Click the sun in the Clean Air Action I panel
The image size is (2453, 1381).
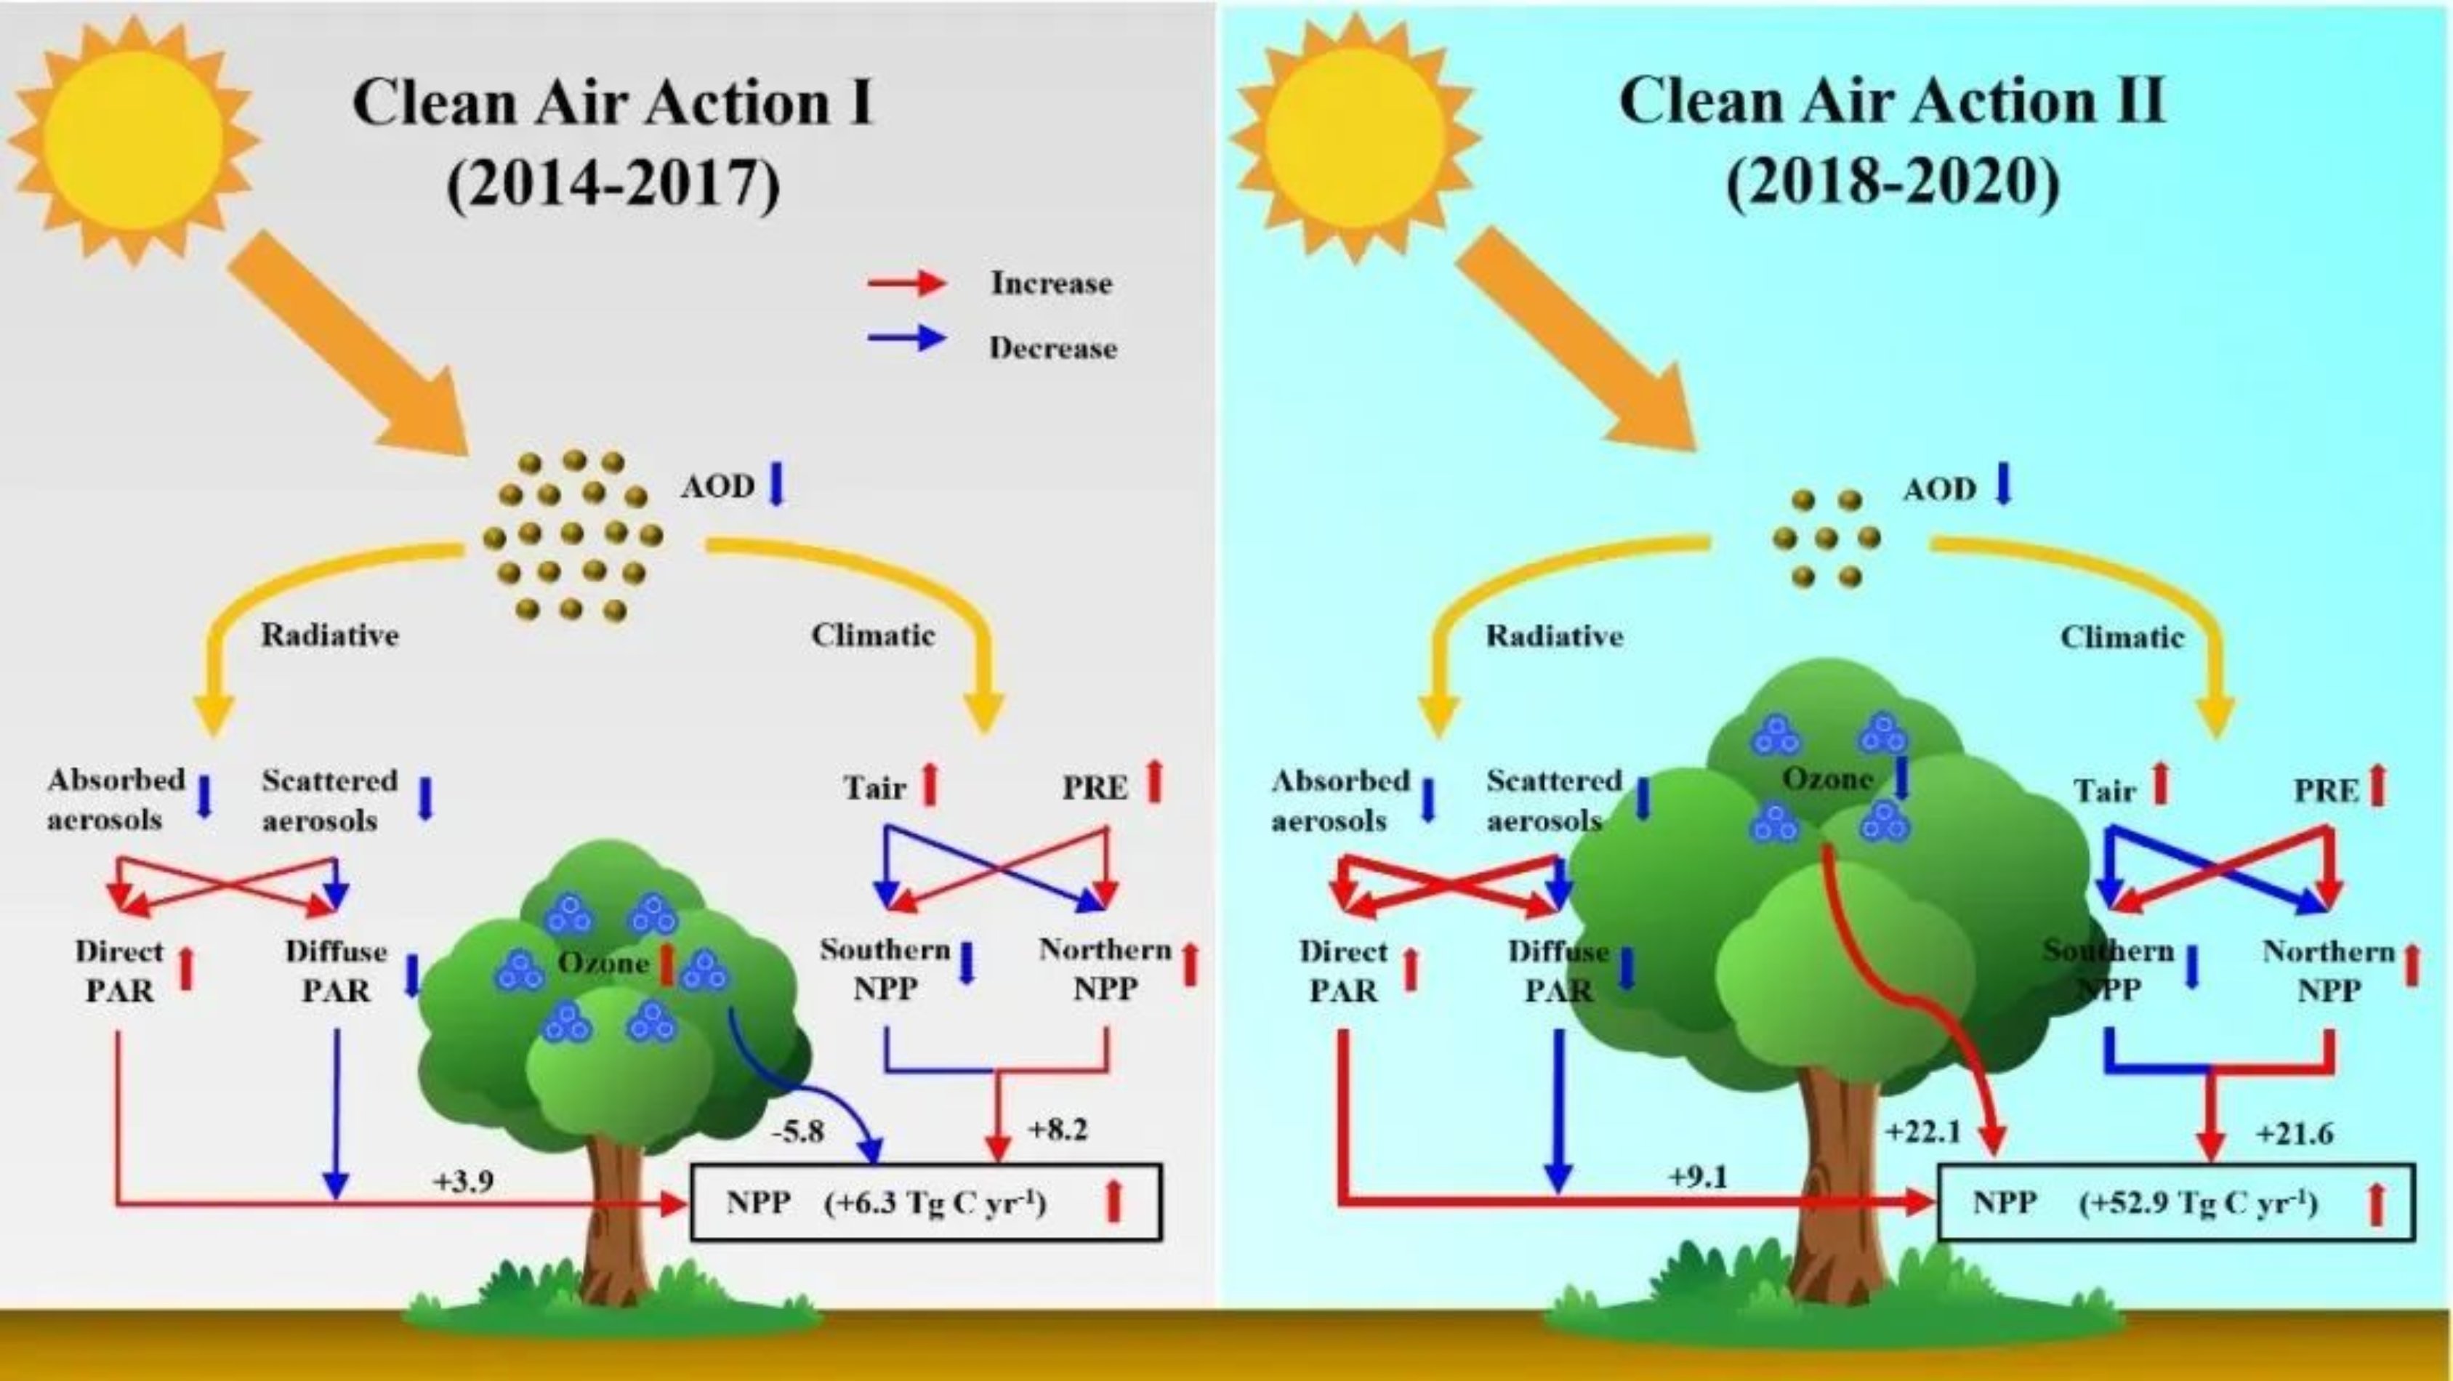click(x=132, y=139)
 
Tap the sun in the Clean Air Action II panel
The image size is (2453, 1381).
click(x=1355, y=139)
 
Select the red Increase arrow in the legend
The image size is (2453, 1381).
click(x=906, y=283)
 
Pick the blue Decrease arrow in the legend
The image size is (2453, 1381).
click(x=906, y=339)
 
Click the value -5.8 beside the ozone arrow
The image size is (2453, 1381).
click(x=798, y=1132)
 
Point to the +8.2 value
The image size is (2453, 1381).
click(x=1057, y=1130)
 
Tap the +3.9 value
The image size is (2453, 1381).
click(x=464, y=1182)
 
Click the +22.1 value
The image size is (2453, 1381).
click(x=1922, y=1132)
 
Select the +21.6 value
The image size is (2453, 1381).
click(x=2294, y=1135)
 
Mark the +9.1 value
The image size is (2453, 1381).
click(x=1698, y=1178)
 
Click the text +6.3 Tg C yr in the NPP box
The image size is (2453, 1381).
click(x=936, y=1204)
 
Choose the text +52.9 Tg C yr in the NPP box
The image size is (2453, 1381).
click(x=2197, y=1204)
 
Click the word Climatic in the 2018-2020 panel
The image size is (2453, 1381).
click(x=2122, y=637)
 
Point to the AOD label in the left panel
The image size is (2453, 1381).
click(x=717, y=487)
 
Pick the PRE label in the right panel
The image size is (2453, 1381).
click(x=2325, y=791)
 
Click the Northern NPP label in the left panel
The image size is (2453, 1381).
click(x=1105, y=970)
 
